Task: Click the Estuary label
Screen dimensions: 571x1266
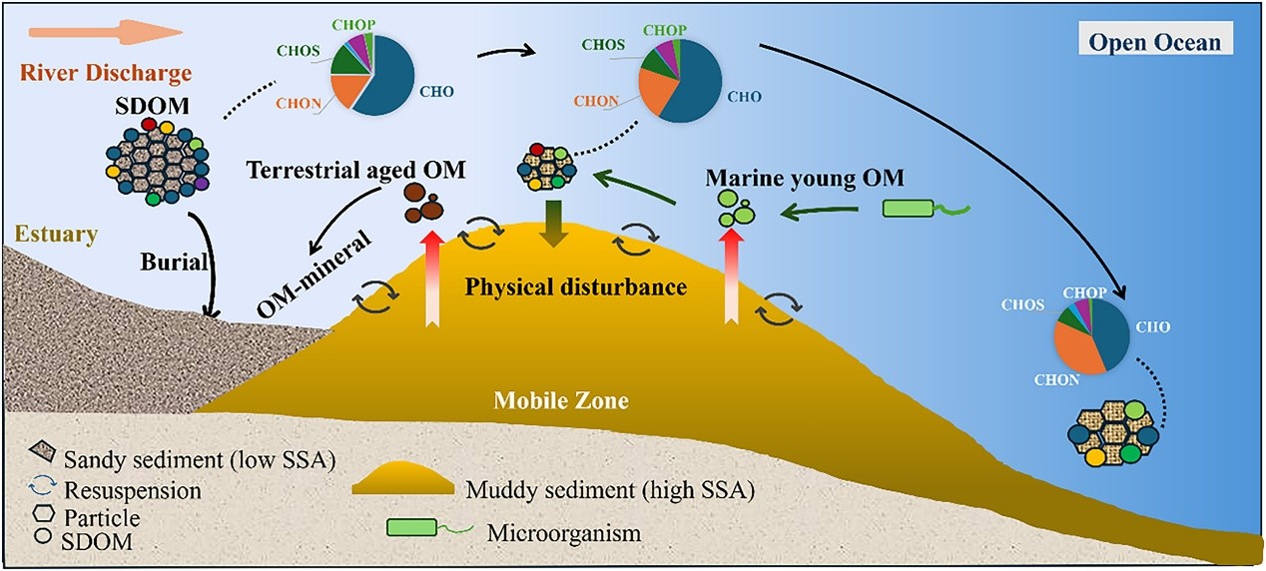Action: pyautogui.click(x=56, y=236)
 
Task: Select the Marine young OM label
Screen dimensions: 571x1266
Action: pyautogui.click(x=804, y=179)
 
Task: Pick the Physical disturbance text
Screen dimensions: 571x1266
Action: pyautogui.click(x=575, y=287)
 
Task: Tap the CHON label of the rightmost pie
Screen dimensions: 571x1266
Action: pyautogui.click(x=1055, y=380)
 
